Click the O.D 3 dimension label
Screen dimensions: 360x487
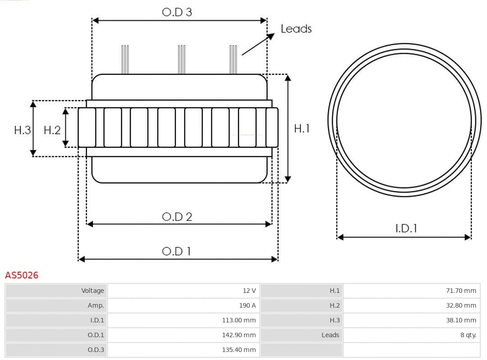pyautogui.click(x=177, y=12)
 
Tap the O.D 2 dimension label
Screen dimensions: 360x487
pyautogui.click(x=177, y=217)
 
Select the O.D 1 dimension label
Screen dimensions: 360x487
pyautogui.click(x=176, y=251)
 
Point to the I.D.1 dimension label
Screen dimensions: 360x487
pyautogui.click(x=406, y=228)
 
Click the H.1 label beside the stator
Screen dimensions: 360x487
pyautogui.click(x=302, y=128)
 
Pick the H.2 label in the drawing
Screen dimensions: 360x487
pyautogui.click(x=52, y=130)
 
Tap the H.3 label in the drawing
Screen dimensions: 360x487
pyautogui.click(x=23, y=130)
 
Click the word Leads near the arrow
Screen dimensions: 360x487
pyautogui.click(x=296, y=29)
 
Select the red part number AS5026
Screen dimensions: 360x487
pyautogui.click(x=22, y=275)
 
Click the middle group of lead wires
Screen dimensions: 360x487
pyautogui.click(x=182, y=59)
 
